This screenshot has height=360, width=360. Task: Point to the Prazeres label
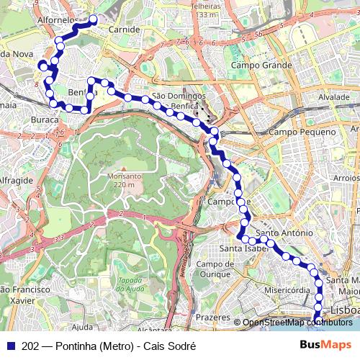coord(212,316)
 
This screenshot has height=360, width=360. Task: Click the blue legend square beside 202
coord(10,346)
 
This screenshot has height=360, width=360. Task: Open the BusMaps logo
coord(325,346)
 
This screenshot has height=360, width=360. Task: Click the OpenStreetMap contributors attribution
coord(297,323)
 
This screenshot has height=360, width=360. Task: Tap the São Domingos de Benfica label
coord(179,100)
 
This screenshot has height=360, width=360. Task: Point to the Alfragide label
coord(15,180)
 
